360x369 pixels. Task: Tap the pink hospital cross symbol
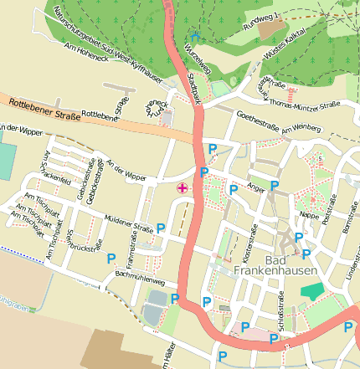click(x=181, y=188)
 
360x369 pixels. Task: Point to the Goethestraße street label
click(x=257, y=122)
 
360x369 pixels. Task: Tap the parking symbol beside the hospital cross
click(x=204, y=172)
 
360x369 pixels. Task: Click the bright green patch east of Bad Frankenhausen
click(x=311, y=292)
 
